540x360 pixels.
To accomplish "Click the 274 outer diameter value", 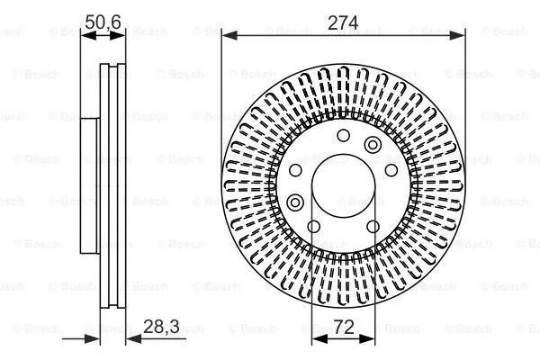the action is pyautogui.click(x=343, y=22).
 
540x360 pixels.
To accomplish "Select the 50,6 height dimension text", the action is pyautogui.click(x=103, y=22).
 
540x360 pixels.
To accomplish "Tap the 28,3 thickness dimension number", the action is pyautogui.click(x=161, y=326).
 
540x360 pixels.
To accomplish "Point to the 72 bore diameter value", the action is pyautogui.click(x=344, y=327).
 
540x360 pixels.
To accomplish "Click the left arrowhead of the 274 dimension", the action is pyautogui.click(x=229, y=35).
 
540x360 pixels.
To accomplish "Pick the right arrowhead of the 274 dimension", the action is pyautogui.click(x=457, y=35).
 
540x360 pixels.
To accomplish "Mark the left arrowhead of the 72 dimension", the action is pyautogui.click(x=319, y=339).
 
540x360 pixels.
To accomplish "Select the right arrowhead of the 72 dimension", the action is pyautogui.click(x=366, y=339).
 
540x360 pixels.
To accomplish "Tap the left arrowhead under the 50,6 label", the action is pyautogui.click(x=88, y=35).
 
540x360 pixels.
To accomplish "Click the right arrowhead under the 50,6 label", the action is pyautogui.click(x=118, y=35).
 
